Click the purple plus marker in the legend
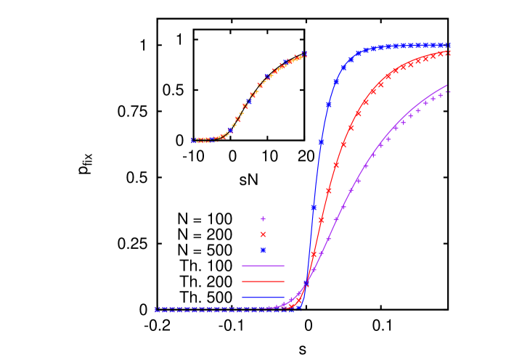click(263, 218)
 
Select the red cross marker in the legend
click(263, 234)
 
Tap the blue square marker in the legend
click(263, 250)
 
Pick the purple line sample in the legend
click(263, 266)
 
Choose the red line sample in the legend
click(263, 282)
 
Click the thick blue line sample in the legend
click(263, 298)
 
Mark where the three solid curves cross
click(307, 282)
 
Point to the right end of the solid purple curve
click(447, 85)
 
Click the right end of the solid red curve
click(450, 52)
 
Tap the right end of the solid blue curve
click(450, 45)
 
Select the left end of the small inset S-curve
click(193, 140)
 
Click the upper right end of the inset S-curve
click(304, 54)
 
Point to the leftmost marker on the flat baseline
click(158, 309)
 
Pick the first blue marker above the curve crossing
click(314, 208)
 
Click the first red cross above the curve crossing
click(314, 254)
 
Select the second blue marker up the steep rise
click(321, 142)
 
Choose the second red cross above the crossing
click(321, 220)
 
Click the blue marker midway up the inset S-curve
click(245, 103)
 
